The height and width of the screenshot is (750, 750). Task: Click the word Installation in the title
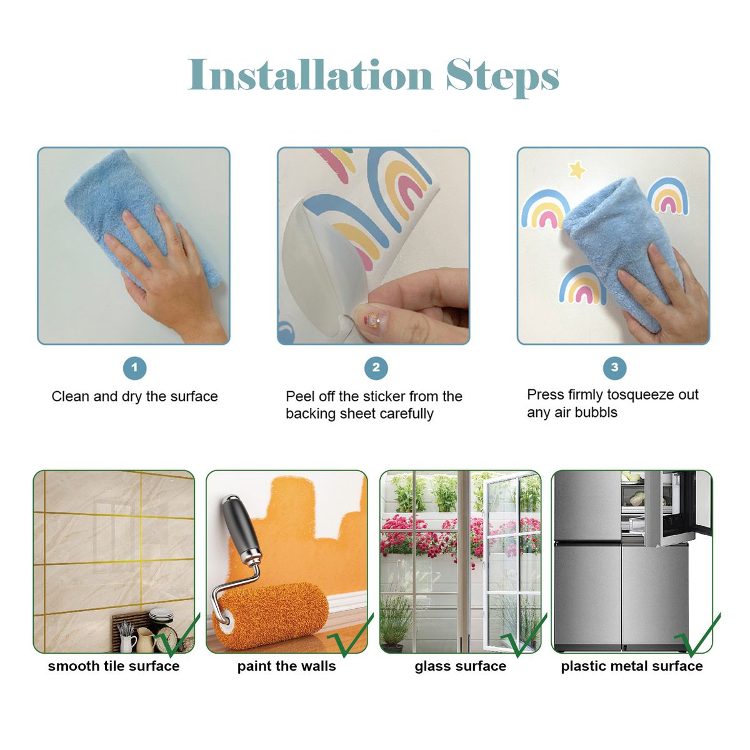click(x=310, y=74)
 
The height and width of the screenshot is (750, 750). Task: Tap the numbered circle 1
click(x=134, y=367)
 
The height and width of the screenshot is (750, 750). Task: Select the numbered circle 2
click(x=376, y=367)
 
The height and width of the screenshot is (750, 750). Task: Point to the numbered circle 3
click(x=614, y=367)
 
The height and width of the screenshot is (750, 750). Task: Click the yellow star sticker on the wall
click(x=577, y=170)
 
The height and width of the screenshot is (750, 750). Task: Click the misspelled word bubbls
click(x=596, y=412)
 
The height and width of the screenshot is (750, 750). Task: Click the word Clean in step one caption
click(x=71, y=397)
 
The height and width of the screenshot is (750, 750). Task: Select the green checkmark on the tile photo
click(x=176, y=635)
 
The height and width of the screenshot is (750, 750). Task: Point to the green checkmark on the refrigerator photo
click(x=697, y=635)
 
